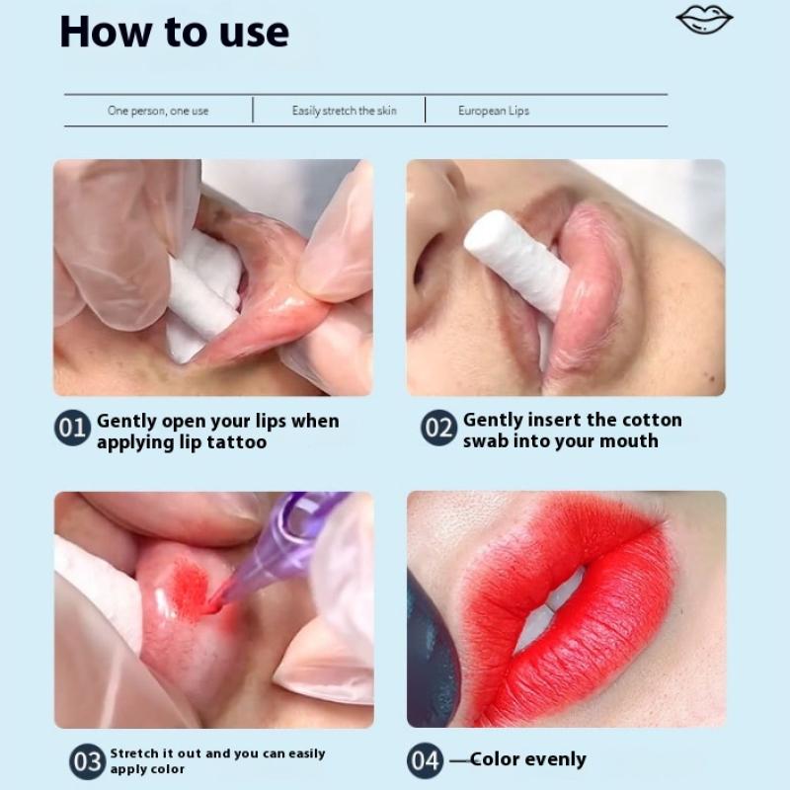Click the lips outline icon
click(x=704, y=20)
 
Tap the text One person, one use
click(x=158, y=111)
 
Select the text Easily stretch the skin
click(x=344, y=111)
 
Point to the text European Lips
click(x=494, y=111)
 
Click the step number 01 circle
click(x=72, y=428)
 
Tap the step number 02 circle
click(x=438, y=428)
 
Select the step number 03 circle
click(x=88, y=761)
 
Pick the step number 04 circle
click(x=426, y=760)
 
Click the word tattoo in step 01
click(x=237, y=442)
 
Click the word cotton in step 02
click(x=652, y=420)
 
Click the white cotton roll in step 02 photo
click(x=517, y=262)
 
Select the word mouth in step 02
click(x=629, y=440)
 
